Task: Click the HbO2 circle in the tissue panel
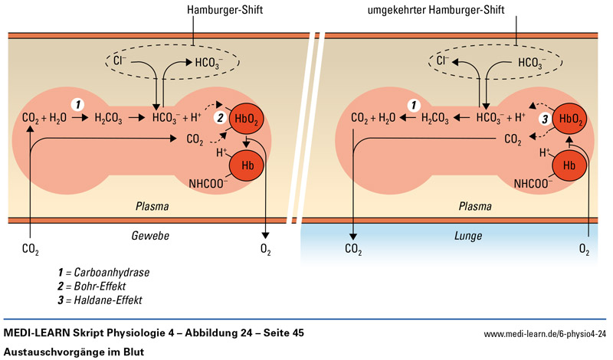click(247, 119)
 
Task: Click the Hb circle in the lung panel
click(569, 165)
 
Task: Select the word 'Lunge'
click(466, 238)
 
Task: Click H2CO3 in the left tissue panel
click(109, 119)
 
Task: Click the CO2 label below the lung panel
click(353, 250)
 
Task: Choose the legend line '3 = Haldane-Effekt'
click(100, 299)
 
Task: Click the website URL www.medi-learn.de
click(545, 334)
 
